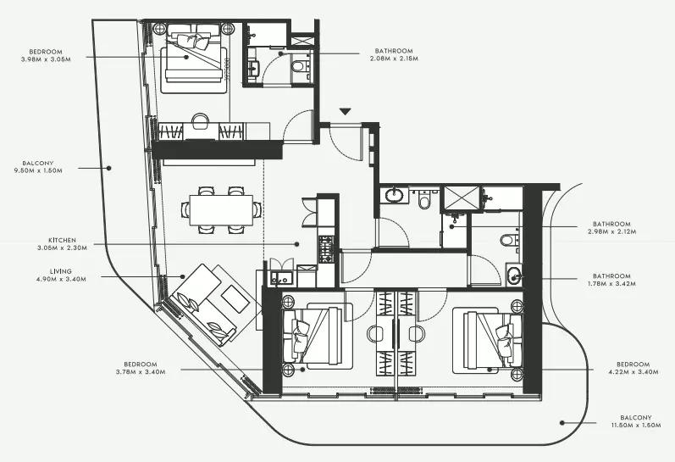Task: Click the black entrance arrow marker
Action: pos(345,112)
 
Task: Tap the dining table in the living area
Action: pos(221,210)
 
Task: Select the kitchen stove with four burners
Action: pos(326,249)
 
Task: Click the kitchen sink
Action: pos(281,278)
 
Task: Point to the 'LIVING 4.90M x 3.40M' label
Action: pos(61,275)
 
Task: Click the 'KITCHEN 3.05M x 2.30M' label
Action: pos(62,244)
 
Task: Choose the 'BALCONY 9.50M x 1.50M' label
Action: pos(38,167)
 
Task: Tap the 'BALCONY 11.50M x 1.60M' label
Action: pos(636,421)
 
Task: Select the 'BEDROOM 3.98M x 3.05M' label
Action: pos(46,56)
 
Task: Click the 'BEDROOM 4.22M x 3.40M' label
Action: pos(634,368)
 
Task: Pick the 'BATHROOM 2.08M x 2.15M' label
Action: pos(394,54)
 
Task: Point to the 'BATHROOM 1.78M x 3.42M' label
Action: pos(611,280)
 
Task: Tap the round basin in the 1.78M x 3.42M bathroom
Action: pos(513,276)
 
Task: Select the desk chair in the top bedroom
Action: pos(200,120)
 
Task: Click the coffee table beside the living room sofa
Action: pos(235,298)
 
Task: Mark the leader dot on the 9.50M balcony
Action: pos(109,168)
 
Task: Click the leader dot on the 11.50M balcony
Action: pos(562,423)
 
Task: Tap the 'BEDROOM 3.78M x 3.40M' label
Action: pos(141,368)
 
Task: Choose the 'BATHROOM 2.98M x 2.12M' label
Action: pos(611,227)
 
